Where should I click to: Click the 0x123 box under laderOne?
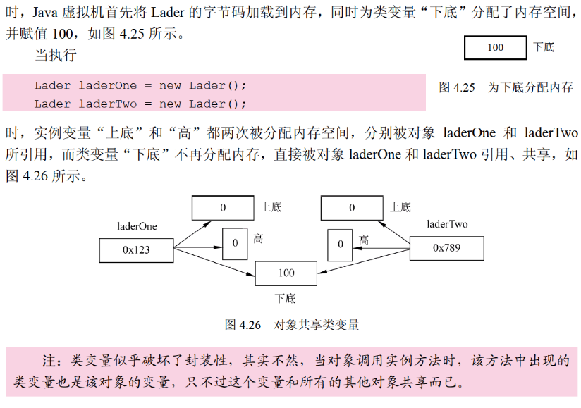coord(136,249)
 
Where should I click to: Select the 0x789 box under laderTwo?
coord(446,248)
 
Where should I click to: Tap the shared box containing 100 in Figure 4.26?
coord(286,273)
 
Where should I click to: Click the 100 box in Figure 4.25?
coord(495,48)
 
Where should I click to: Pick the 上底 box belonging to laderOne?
coord(223,208)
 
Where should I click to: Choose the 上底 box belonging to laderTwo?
coord(352,208)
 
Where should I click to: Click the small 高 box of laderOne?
coord(235,242)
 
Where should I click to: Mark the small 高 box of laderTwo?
coord(340,244)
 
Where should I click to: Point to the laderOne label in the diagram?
coord(137,226)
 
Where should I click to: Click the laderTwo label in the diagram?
coord(447,225)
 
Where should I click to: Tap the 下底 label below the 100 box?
coord(286,298)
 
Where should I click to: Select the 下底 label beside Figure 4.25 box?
coord(544,47)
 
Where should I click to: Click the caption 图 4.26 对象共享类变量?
coord(292,325)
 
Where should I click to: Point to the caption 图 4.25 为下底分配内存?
coord(506,87)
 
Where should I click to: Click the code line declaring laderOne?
coord(140,85)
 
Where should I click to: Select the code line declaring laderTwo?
coord(140,104)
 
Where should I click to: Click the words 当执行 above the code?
coord(55,55)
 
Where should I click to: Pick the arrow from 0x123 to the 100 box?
coord(214,261)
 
